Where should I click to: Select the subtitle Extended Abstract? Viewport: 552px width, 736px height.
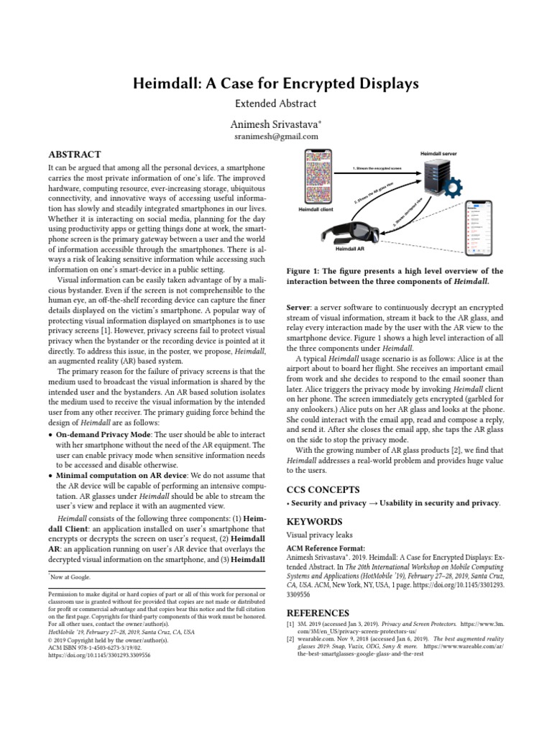click(x=275, y=104)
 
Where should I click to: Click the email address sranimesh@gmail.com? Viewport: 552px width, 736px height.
click(x=276, y=137)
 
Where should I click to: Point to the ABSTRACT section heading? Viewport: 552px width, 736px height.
click(x=74, y=154)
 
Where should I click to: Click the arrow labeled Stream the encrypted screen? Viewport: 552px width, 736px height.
click(x=378, y=170)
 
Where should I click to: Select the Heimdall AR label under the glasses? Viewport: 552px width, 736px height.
click(x=352, y=248)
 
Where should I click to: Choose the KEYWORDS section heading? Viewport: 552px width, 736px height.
click(x=314, y=521)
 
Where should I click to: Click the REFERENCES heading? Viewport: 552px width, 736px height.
click(x=318, y=613)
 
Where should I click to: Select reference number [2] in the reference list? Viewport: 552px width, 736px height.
click(x=291, y=638)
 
